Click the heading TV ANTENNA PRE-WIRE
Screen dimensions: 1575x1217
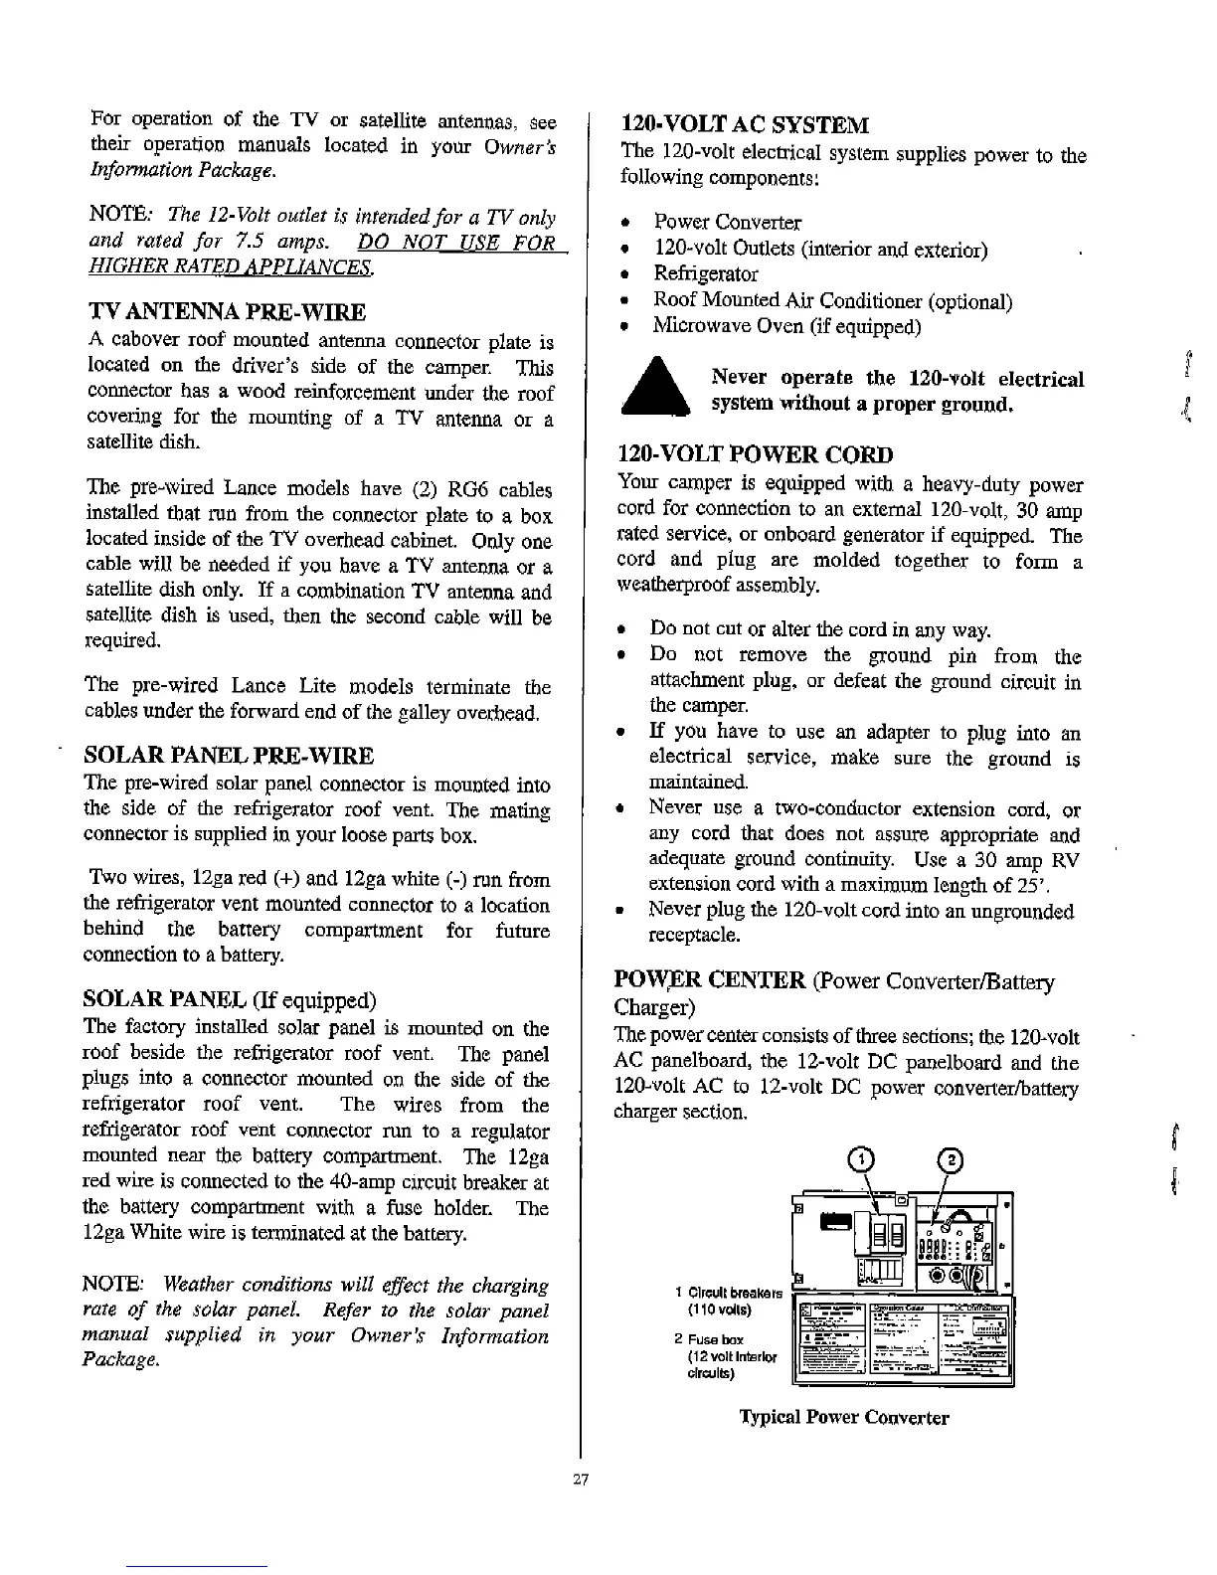point(227,312)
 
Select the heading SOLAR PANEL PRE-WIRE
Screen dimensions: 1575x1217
point(230,755)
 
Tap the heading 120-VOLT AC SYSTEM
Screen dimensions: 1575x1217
point(745,124)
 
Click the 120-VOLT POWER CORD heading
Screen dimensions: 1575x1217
point(756,454)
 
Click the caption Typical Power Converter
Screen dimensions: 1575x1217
point(843,1417)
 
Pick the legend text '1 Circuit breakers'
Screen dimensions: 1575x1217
point(728,1292)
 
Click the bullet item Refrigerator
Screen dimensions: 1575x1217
point(705,273)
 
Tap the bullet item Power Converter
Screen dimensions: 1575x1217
point(727,222)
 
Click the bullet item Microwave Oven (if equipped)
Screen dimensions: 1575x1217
point(786,325)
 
